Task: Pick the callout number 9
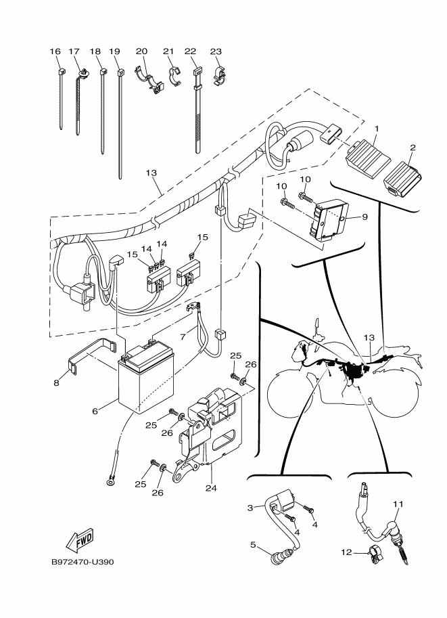(364, 217)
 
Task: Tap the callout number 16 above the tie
(55, 51)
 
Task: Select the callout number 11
(398, 504)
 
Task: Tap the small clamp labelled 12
(374, 555)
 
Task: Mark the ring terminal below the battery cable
(110, 482)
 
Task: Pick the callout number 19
(114, 51)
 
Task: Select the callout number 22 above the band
(191, 51)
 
